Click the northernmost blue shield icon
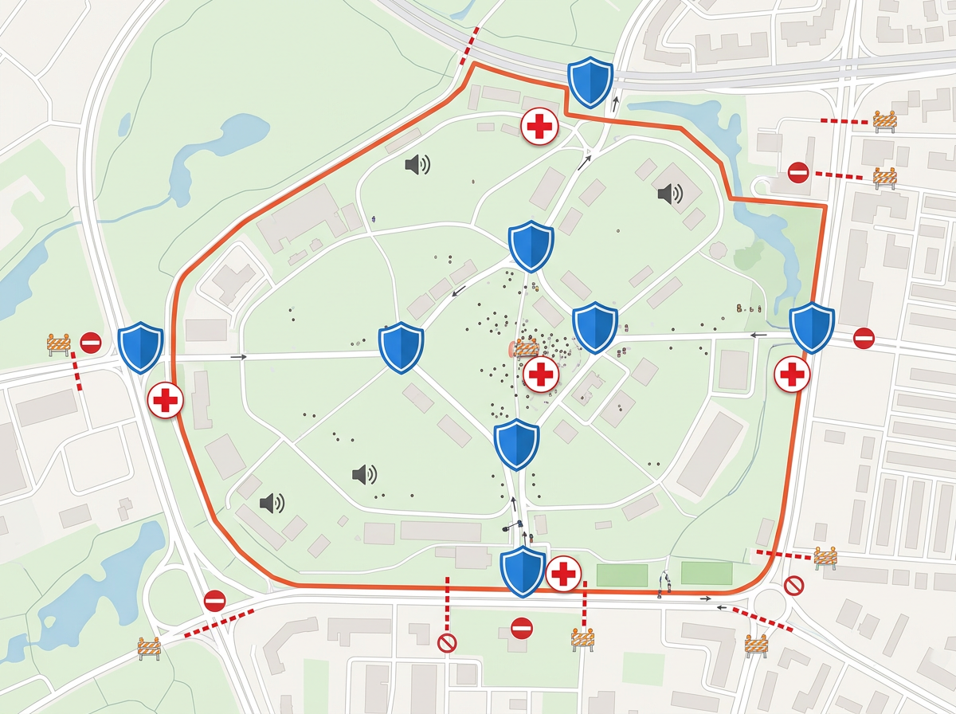coord(590,82)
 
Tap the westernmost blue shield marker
coord(141,347)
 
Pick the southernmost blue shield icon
coord(523,571)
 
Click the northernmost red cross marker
coord(539,127)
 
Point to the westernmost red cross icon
coord(166,400)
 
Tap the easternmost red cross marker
coord(793,374)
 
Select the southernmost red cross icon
coord(564,573)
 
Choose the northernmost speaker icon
coord(417,165)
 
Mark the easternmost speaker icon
coord(670,193)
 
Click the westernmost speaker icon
coord(272,502)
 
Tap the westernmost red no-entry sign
coord(91,343)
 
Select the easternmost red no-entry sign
coord(864,338)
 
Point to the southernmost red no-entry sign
coord(522,628)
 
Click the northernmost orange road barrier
coord(885,120)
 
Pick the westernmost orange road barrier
coord(59,344)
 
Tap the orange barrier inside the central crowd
coord(526,347)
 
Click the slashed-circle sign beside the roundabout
coord(793,586)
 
